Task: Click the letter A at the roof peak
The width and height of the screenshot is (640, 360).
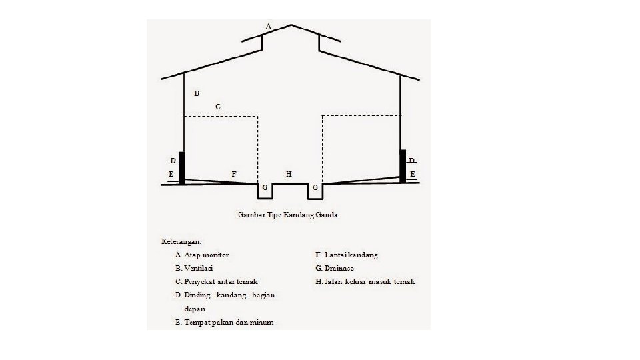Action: [x=268, y=26]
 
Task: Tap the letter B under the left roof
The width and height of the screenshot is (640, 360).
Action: [x=197, y=93]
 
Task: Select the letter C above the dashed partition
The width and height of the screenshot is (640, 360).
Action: [x=218, y=106]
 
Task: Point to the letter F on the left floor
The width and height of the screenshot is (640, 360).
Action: [x=233, y=173]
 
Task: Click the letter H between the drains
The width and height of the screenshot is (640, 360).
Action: [x=289, y=173]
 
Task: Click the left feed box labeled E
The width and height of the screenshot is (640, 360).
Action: [x=171, y=173]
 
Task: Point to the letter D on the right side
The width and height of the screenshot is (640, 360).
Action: [x=412, y=161]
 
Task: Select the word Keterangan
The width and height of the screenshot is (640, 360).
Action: [x=181, y=241]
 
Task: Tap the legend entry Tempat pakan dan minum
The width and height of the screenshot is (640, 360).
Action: [x=224, y=322]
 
